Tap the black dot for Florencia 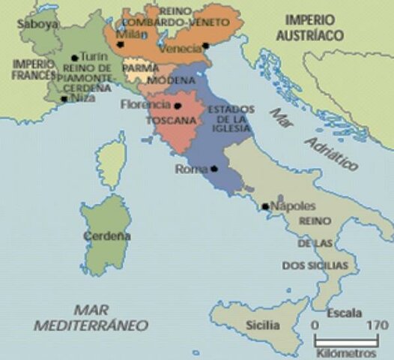click(x=177, y=106)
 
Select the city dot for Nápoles click(x=264, y=205)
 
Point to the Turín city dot click(x=74, y=58)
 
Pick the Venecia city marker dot click(x=204, y=49)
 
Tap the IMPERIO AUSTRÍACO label click(x=309, y=28)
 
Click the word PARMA click(x=140, y=67)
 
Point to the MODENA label click(x=166, y=79)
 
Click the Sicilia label click(x=263, y=325)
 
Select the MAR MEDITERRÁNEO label click(x=91, y=317)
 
